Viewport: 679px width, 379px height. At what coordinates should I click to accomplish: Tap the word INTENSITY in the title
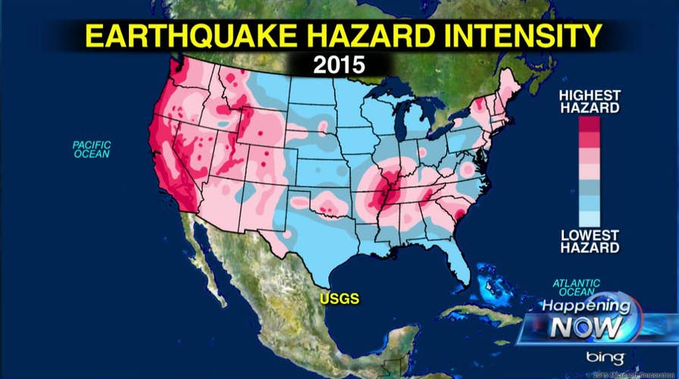[512, 36]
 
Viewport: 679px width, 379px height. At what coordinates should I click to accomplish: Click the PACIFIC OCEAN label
[91, 149]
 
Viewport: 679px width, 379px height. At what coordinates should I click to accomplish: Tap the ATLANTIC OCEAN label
[576, 288]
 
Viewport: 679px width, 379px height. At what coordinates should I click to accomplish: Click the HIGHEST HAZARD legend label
[590, 102]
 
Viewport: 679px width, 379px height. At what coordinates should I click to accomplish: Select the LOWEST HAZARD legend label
[590, 241]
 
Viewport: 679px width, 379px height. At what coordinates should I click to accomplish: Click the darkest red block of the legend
[590, 124]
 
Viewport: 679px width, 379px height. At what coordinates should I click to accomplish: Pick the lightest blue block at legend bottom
[590, 219]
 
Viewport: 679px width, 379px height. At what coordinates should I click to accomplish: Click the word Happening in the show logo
[584, 309]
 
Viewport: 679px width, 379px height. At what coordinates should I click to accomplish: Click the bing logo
[604, 357]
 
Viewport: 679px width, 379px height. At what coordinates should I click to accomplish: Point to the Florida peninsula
[455, 262]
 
